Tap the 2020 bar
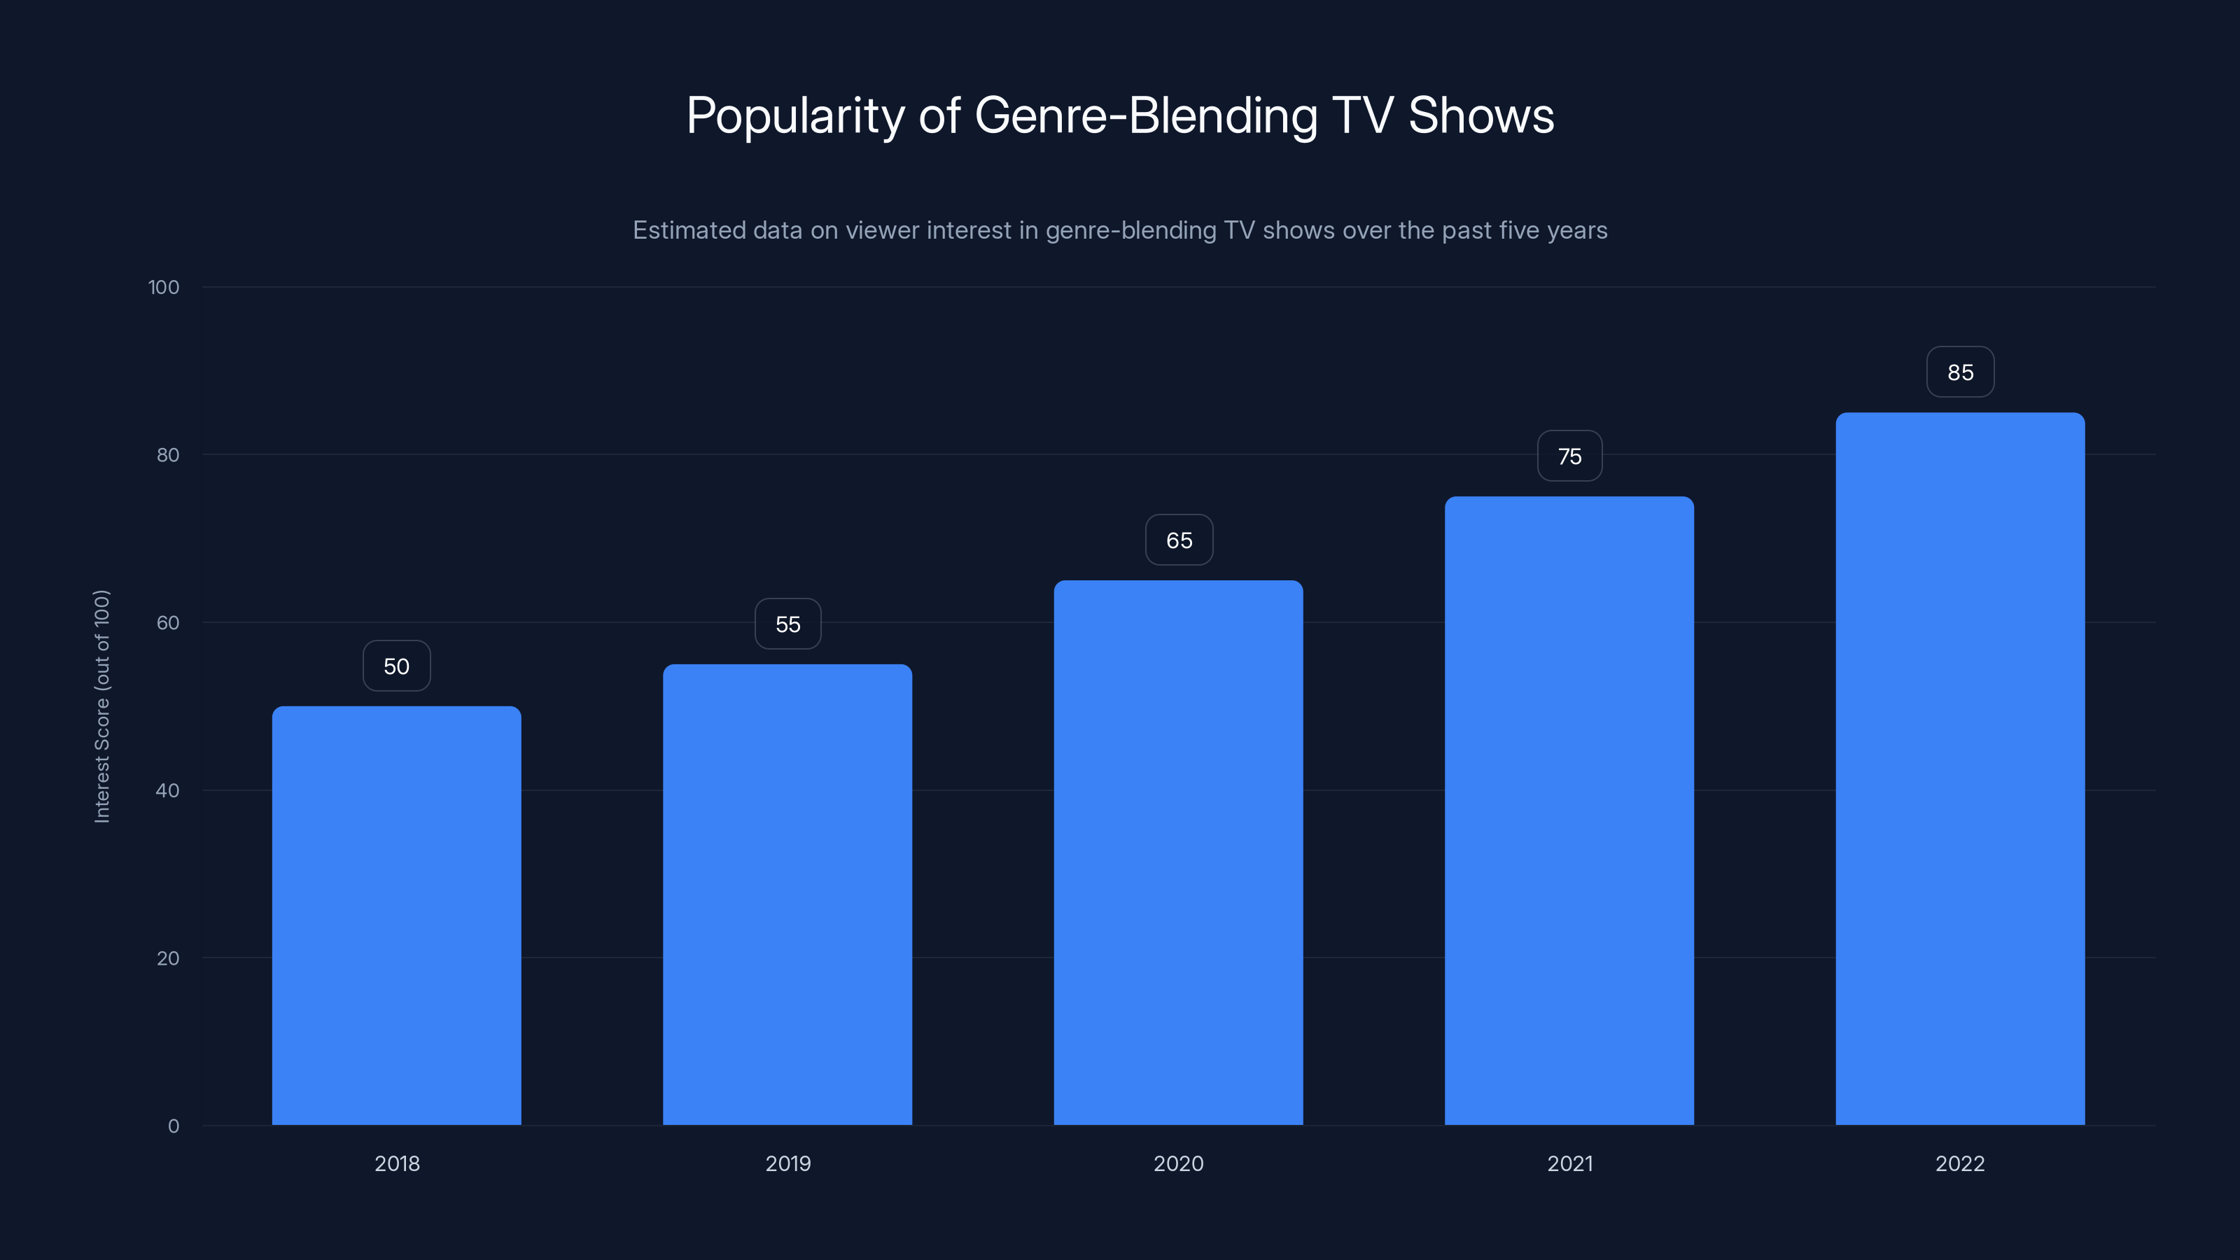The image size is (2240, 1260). click(1178, 852)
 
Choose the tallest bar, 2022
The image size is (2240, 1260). click(1960, 769)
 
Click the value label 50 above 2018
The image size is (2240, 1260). click(396, 666)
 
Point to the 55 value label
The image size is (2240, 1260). click(787, 624)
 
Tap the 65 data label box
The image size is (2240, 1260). click(1179, 540)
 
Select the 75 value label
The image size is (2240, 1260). click(1569, 456)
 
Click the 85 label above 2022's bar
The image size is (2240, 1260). click(1960, 372)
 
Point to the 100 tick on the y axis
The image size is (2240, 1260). click(164, 287)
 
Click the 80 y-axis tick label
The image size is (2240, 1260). click(168, 455)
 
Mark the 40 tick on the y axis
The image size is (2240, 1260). click(168, 790)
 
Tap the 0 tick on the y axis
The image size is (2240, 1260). click(174, 1126)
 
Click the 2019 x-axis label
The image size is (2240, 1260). click(787, 1163)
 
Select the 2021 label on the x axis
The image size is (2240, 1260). click(1569, 1163)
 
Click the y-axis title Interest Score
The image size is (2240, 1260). click(101, 706)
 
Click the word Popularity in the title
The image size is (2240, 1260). click(796, 115)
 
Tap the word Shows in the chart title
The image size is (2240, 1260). click(1481, 115)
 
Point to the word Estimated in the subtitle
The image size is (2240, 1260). click(689, 230)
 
